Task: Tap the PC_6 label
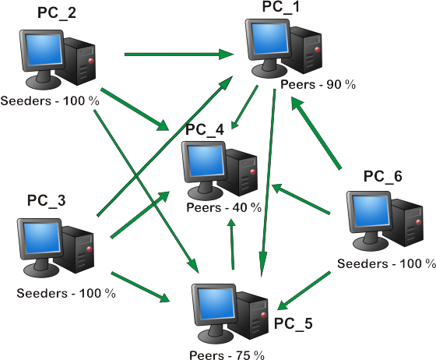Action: click(x=382, y=176)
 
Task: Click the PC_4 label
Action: click(x=205, y=129)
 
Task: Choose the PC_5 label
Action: click(x=294, y=322)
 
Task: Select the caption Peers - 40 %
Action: click(x=224, y=207)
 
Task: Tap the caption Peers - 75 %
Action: click(x=227, y=355)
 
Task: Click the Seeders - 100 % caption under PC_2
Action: click(x=51, y=101)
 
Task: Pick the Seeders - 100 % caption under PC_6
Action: click(x=386, y=263)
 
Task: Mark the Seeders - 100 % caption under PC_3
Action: click(x=66, y=293)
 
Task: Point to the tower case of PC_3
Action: click(x=79, y=255)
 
